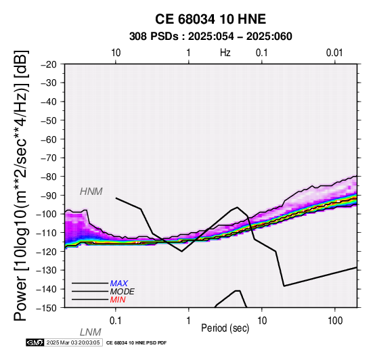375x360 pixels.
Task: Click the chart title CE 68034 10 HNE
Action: tap(211, 19)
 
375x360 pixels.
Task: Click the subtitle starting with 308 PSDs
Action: tap(211, 37)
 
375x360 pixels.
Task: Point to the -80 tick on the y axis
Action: tap(49, 177)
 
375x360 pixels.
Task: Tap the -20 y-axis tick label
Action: tap(49, 64)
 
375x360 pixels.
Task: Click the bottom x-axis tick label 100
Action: tap(335, 321)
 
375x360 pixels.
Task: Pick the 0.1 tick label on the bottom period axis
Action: tap(116, 321)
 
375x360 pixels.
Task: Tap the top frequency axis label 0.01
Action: tap(334, 53)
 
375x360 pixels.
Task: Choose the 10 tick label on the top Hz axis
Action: tap(116, 53)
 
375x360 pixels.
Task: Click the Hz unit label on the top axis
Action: tap(225, 53)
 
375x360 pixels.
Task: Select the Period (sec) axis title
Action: tap(225, 328)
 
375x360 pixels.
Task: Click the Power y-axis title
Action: tap(20, 185)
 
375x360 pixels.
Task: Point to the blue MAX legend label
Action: tap(118, 284)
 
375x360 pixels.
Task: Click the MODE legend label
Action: tap(123, 292)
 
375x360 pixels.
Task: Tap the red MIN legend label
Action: tap(118, 300)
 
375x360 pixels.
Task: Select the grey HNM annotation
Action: tap(91, 192)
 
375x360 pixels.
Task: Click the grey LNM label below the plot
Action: tap(91, 332)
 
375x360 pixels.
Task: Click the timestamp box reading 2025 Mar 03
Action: tap(73, 342)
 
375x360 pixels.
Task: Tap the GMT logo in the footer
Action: tap(35, 342)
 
